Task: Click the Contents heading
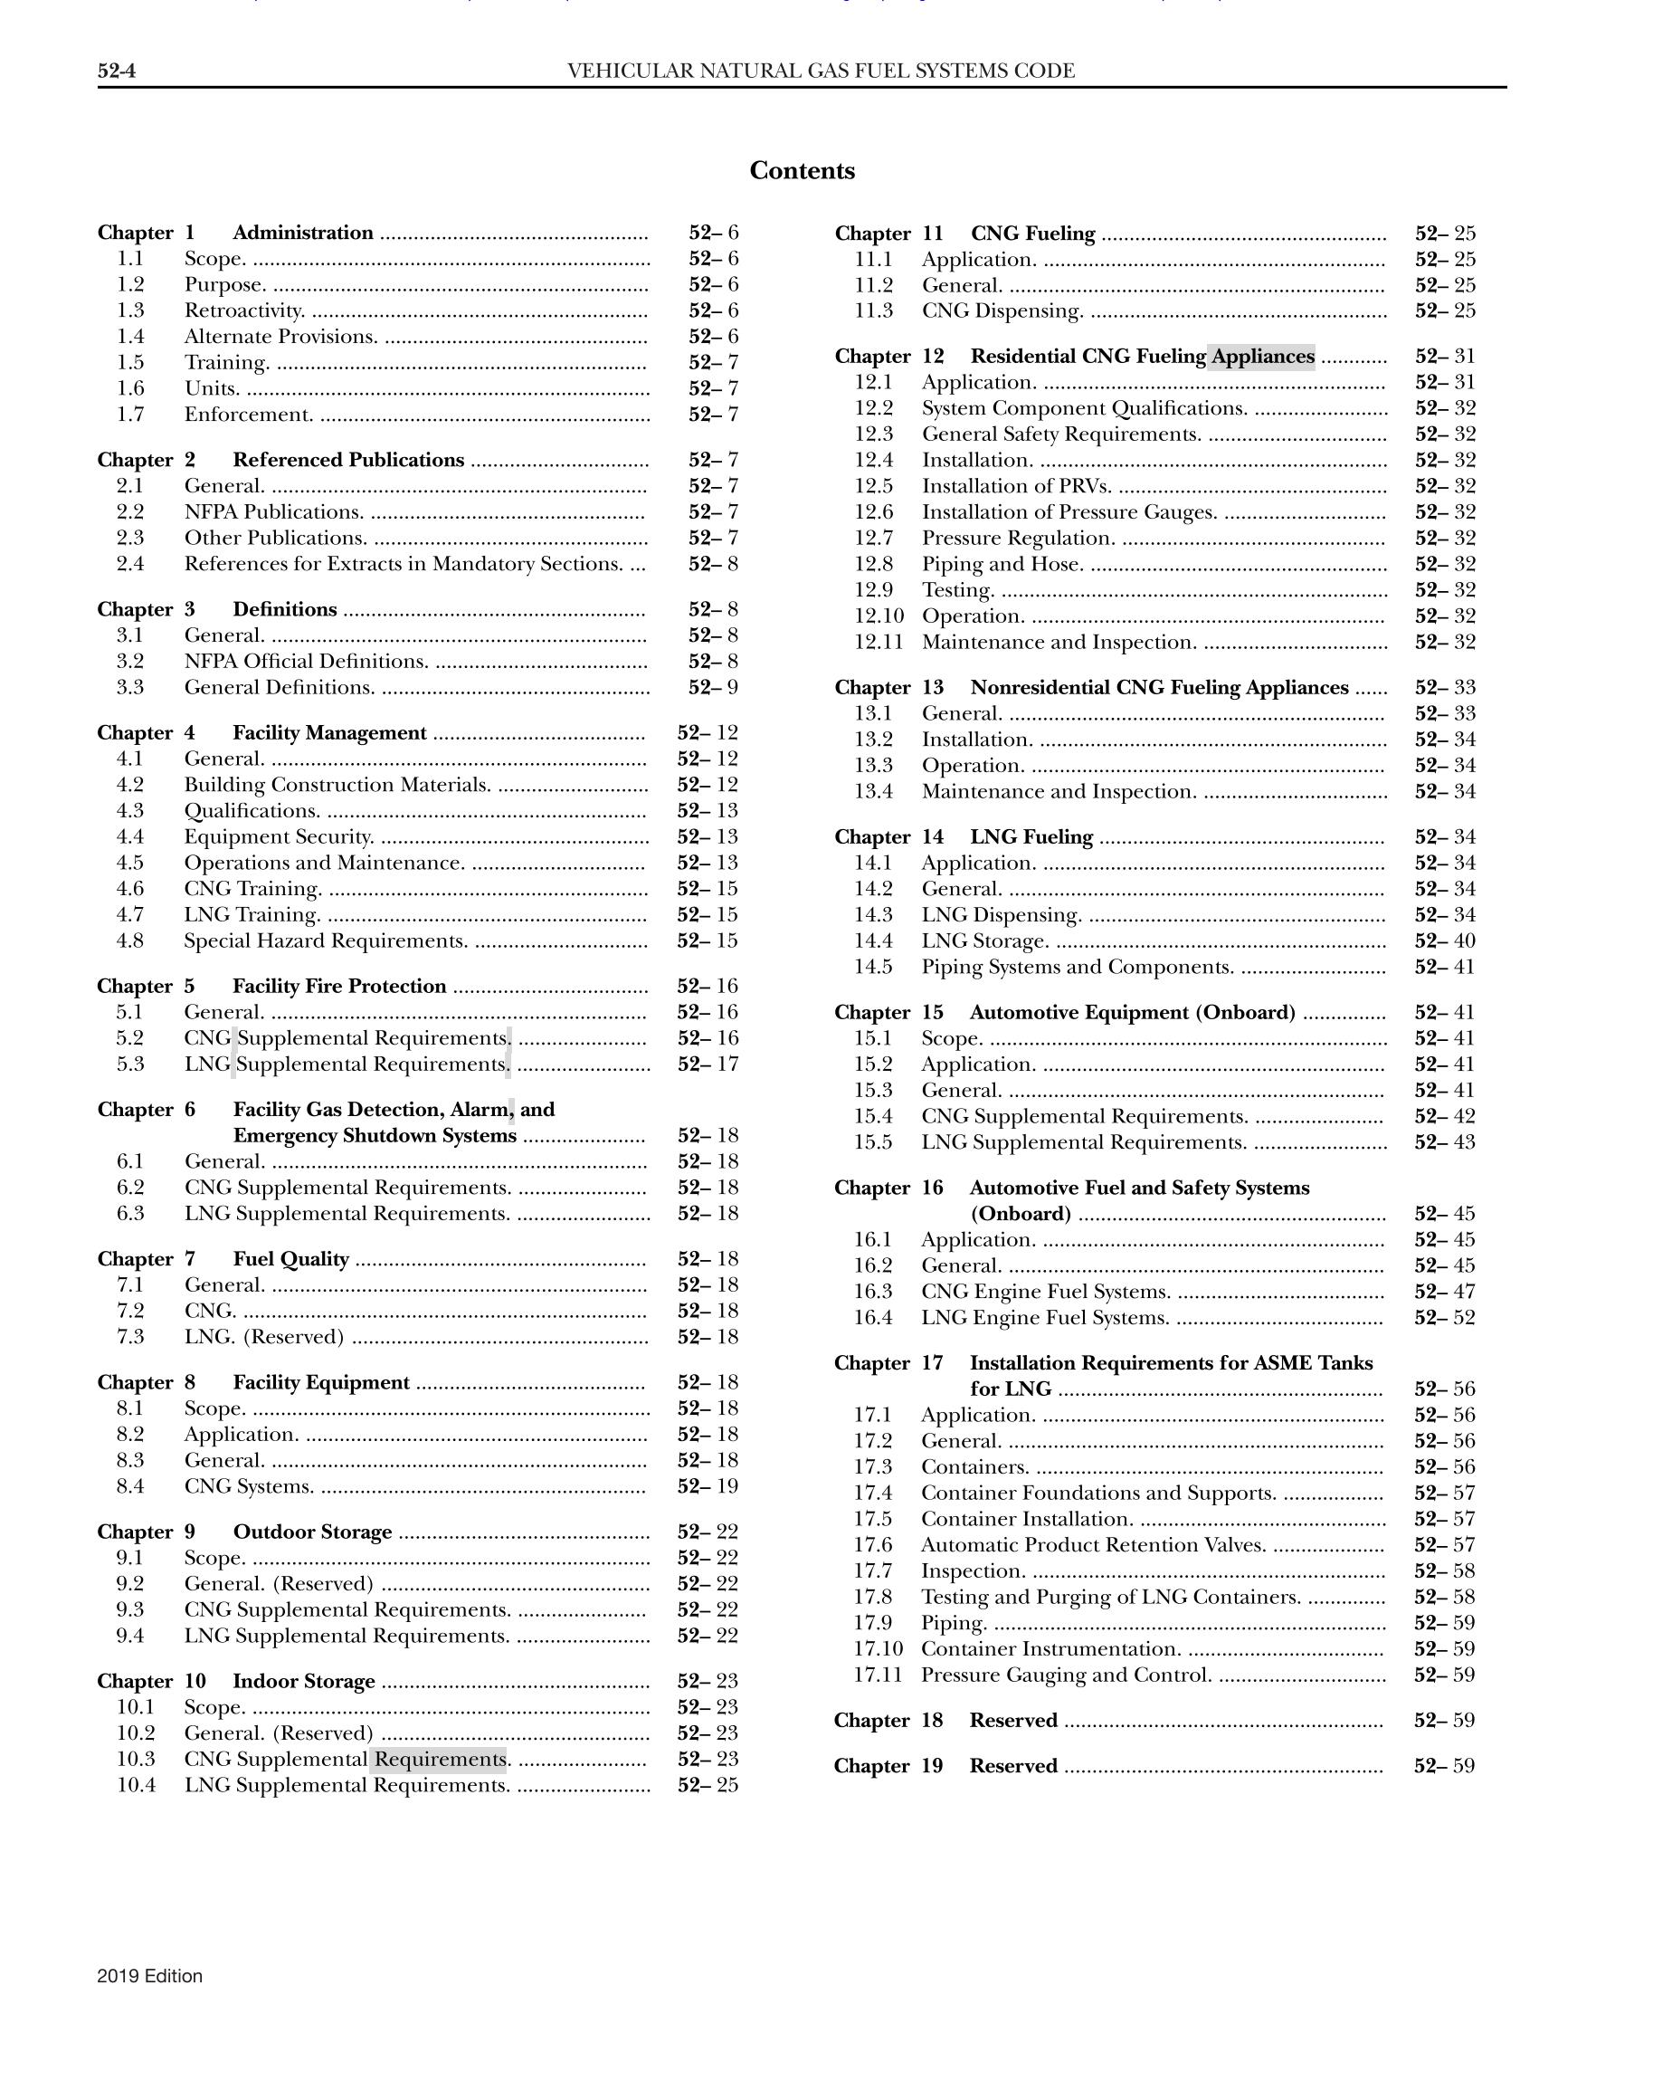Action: [x=802, y=171]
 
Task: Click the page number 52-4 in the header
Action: [x=115, y=71]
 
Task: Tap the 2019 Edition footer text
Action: [x=150, y=1976]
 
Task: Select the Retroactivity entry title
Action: [x=245, y=310]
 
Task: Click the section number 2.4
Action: [x=129, y=564]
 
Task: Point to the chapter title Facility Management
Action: [x=329, y=733]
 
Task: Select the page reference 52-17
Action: [x=708, y=1064]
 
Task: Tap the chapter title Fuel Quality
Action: [x=290, y=1259]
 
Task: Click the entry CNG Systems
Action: [x=249, y=1486]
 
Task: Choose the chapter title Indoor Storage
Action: [x=303, y=1681]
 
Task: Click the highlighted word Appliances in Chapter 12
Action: [x=1262, y=357]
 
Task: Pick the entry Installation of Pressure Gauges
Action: [x=1069, y=512]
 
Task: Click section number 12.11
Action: [x=878, y=642]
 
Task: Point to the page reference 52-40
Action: [x=1444, y=941]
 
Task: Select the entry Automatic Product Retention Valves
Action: [x=1093, y=1545]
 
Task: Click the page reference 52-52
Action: [x=1444, y=1318]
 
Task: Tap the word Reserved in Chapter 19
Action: [x=1012, y=1766]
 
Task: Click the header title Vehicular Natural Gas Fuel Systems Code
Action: [x=821, y=71]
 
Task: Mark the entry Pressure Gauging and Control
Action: [x=1066, y=1675]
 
